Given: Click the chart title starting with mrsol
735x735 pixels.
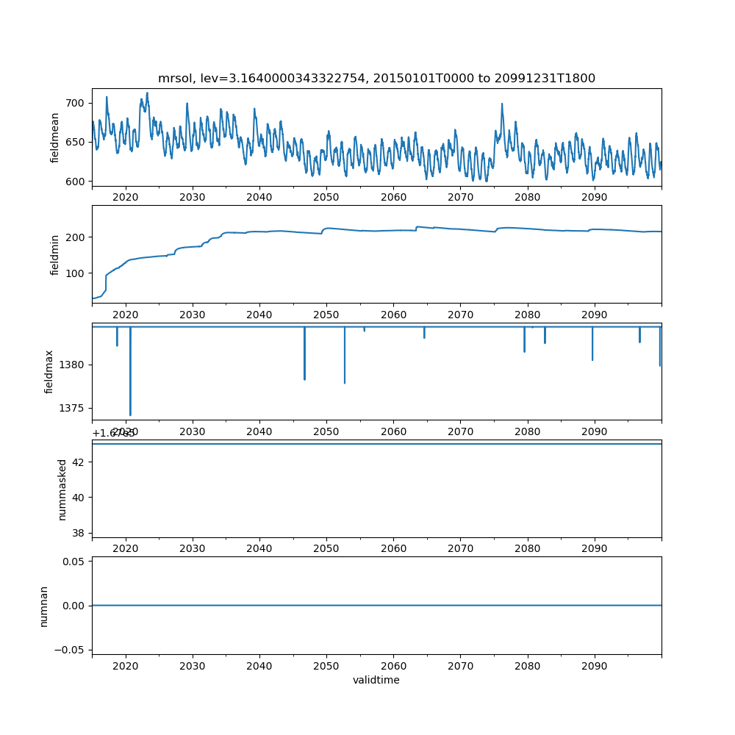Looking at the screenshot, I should pyautogui.click(x=376, y=78).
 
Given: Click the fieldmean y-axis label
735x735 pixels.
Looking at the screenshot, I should pyautogui.click(x=55, y=138).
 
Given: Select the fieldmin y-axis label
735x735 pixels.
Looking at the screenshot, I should pyautogui.click(x=55, y=254).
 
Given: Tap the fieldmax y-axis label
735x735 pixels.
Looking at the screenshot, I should pyautogui.click(x=49, y=371).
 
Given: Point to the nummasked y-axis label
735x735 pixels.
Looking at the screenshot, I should pyautogui.click(x=62, y=489).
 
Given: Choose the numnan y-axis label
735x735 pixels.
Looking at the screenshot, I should pyautogui.click(x=44, y=606).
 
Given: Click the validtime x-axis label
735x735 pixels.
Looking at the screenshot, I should pyautogui.click(x=376, y=681).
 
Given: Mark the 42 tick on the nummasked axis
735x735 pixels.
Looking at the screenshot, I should pyautogui.click(x=79, y=462).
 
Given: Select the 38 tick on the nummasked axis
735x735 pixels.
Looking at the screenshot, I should pyautogui.click(x=79, y=533).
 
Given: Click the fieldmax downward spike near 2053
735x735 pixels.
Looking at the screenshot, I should pyautogui.click(x=345, y=381).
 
